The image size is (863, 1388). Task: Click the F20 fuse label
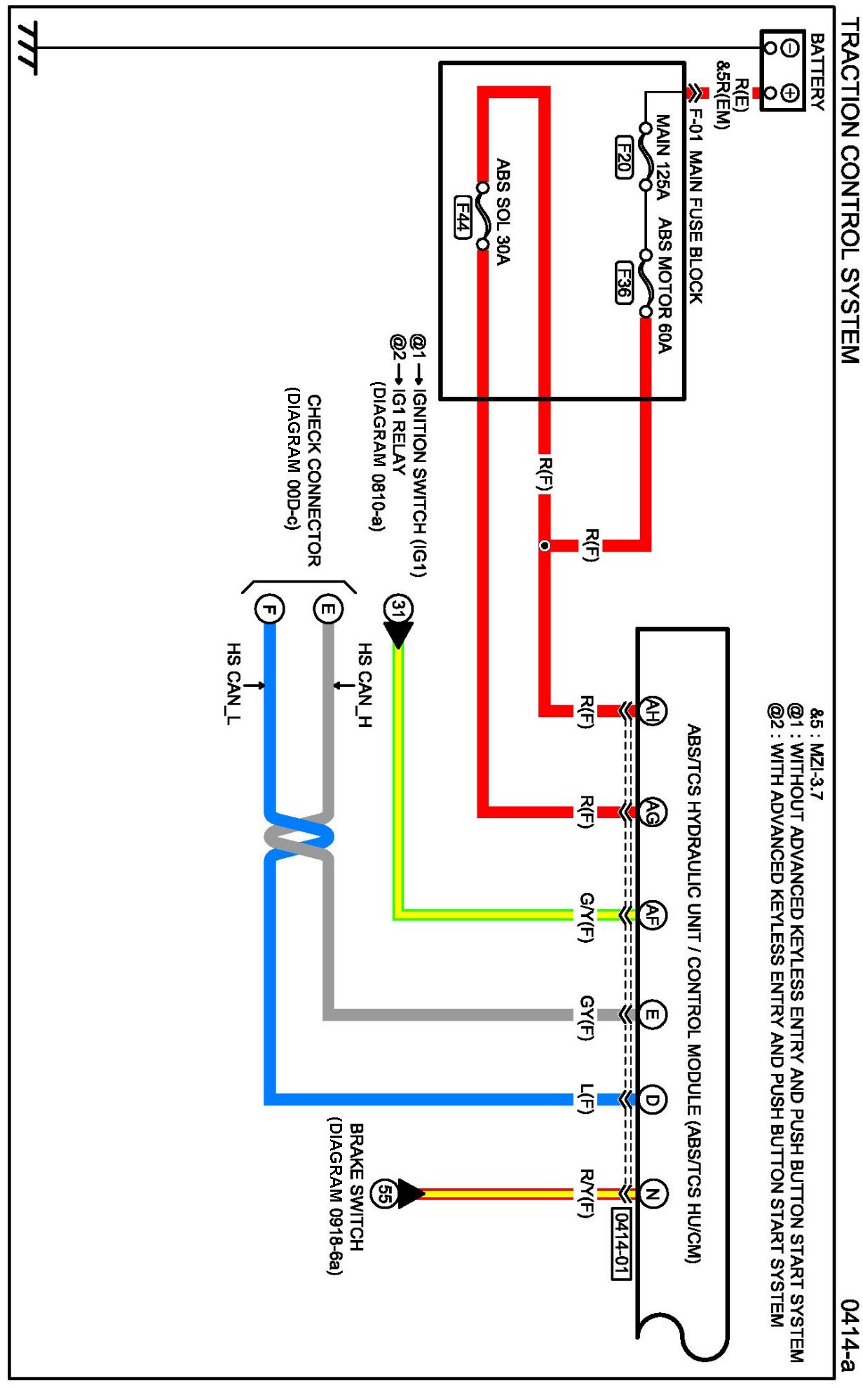(623, 158)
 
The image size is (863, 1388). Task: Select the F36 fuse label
(623, 283)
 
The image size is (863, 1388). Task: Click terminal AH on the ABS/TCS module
(652, 711)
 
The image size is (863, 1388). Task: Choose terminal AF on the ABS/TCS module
(652, 914)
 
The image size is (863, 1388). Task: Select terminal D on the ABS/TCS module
(652, 1100)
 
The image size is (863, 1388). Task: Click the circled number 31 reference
(398, 608)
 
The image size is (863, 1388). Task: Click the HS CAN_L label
(233, 683)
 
